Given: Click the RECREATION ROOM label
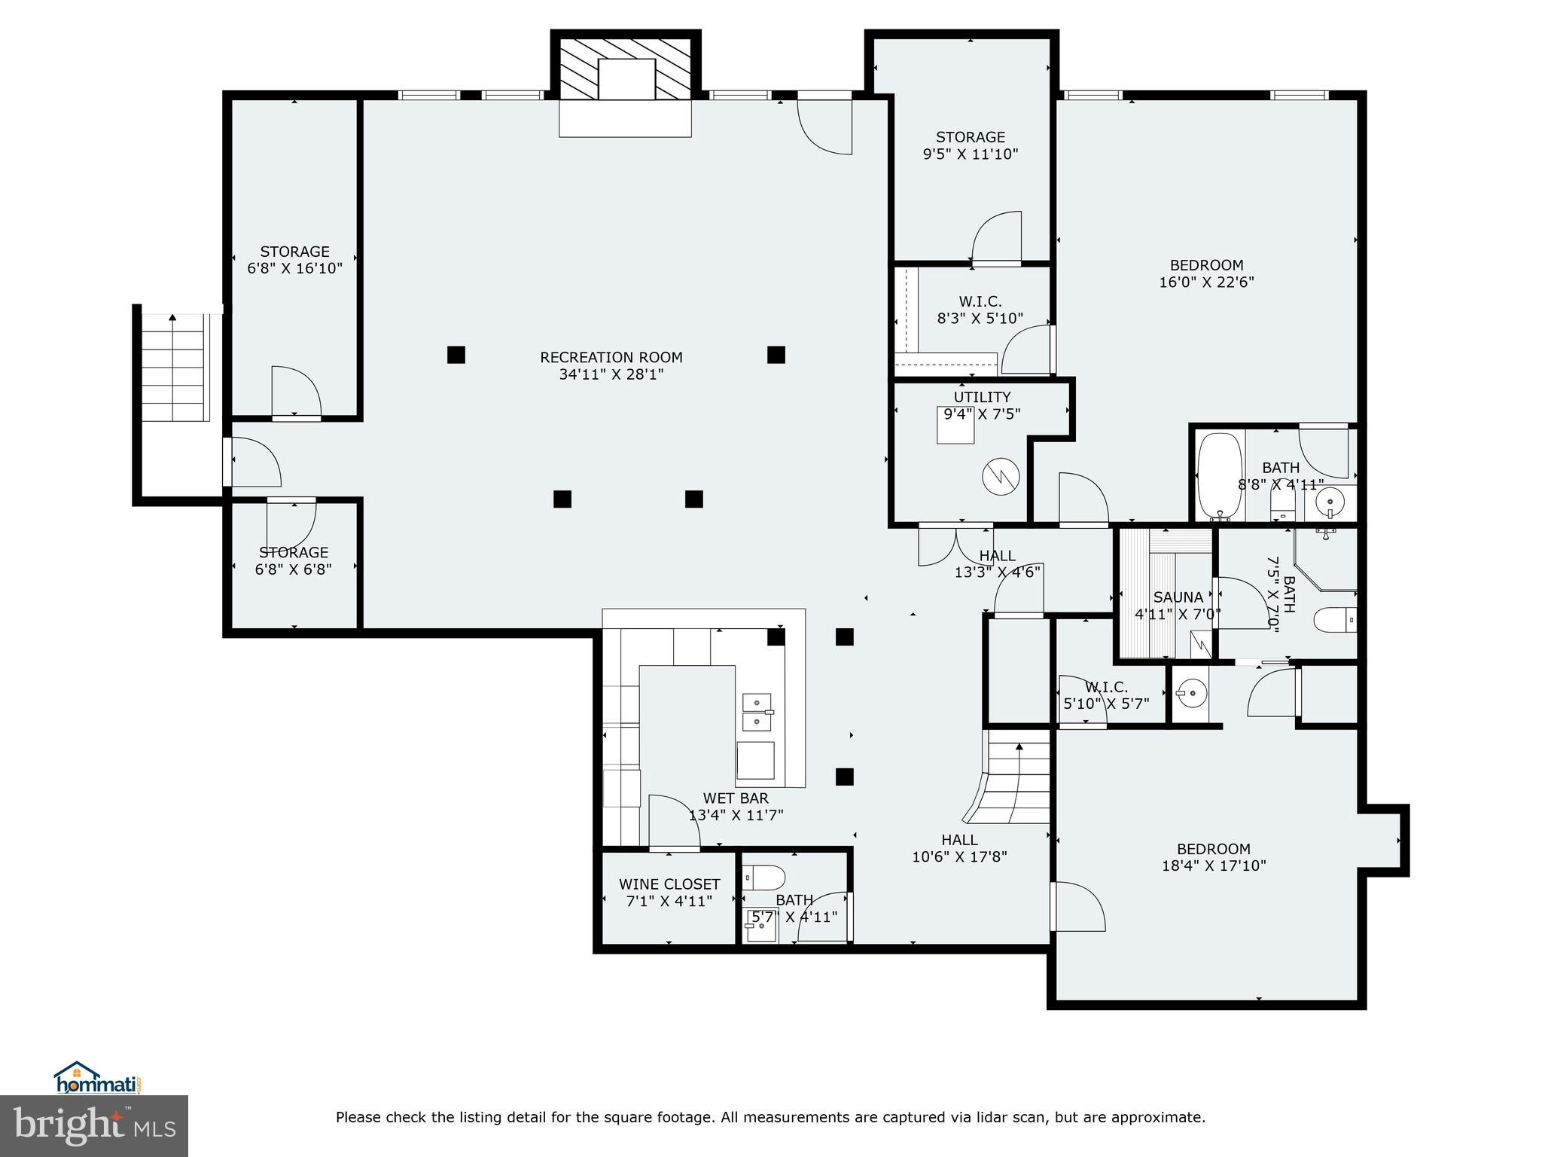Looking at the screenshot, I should (x=611, y=358).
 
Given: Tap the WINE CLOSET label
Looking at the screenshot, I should (x=669, y=884).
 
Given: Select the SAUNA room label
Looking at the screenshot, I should (x=1178, y=597).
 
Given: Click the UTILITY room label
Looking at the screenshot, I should (x=982, y=397).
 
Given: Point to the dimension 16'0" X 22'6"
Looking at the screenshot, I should (x=1206, y=282).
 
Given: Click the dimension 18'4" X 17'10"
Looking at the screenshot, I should (x=1213, y=866).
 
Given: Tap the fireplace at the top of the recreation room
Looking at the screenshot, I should (x=626, y=79).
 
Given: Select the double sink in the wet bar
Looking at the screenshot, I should (x=757, y=713).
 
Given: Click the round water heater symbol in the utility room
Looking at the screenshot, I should (x=1001, y=476).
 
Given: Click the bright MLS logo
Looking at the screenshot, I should (x=94, y=1126).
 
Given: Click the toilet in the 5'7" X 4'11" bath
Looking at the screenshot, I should (x=765, y=878).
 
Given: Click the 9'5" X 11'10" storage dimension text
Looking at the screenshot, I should (x=970, y=154).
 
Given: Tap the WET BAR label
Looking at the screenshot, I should (x=736, y=798).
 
